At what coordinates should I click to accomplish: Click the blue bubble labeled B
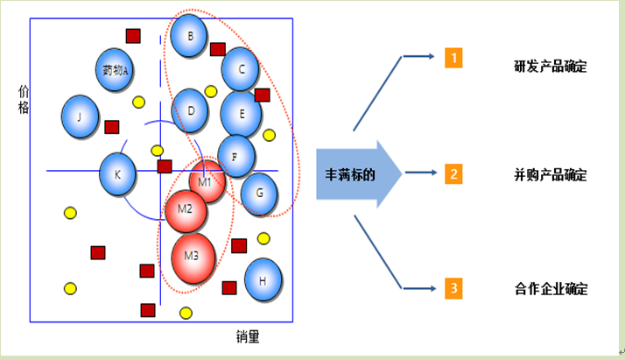pos(190,36)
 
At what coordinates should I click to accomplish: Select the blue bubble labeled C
pos(242,67)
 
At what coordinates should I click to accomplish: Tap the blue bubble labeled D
pos(190,109)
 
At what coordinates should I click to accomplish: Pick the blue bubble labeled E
pos(241,111)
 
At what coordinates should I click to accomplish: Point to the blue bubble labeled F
pos(235,156)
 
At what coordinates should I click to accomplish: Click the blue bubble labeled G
pos(258,194)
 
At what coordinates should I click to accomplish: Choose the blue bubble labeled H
pos(263,280)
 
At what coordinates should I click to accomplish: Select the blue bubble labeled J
pos(80,116)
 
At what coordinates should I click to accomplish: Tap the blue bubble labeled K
pos(117,173)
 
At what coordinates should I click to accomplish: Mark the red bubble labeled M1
pos(207,181)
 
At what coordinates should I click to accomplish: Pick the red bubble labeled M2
pos(186,210)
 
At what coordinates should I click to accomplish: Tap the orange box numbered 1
pos(453,59)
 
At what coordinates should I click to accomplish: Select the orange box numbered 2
pos(453,173)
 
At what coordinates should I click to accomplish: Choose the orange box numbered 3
pos(453,286)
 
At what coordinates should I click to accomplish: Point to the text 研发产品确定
pos(551,67)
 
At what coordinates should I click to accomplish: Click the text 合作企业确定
pos(551,288)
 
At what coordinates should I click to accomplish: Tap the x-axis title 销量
pos(249,335)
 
